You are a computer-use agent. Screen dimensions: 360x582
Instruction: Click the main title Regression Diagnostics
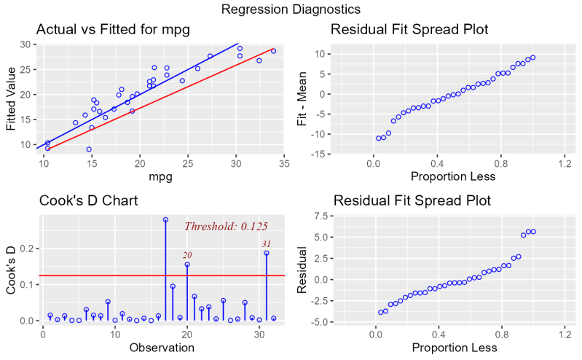(291, 9)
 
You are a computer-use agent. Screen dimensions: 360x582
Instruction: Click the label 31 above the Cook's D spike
(267, 243)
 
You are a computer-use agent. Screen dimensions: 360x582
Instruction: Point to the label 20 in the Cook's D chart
(187, 254)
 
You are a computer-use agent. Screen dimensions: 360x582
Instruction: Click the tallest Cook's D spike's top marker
(165, 219)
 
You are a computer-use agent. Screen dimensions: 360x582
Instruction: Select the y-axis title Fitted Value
(11, 98)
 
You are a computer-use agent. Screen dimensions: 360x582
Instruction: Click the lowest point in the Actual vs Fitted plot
(89, 149)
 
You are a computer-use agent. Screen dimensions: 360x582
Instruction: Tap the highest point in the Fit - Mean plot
(532, 58)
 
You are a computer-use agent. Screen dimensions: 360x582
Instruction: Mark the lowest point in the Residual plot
(380, 313)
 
